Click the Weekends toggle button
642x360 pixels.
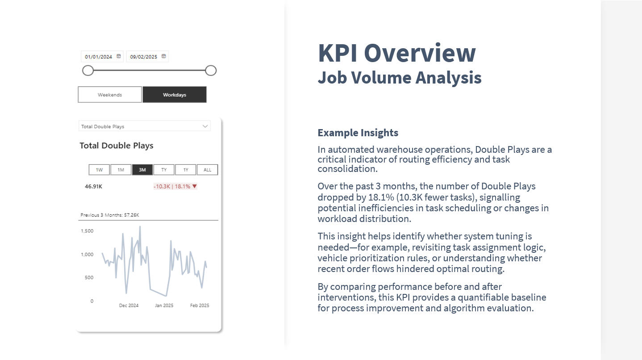(x=110, y=95)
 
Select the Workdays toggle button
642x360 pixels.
(x=175, y=95)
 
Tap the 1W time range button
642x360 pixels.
(x=99, y=170)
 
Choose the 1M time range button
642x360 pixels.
(x=121, y=170)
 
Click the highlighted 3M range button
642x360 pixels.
(x=142, y=170)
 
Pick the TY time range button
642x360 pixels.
(x=164, y=170)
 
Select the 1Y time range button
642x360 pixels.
(x=186, y=170)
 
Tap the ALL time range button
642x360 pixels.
(x=207, y=170)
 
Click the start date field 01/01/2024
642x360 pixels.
(x=98, y=57)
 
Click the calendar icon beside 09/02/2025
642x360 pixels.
(x=164, y=56)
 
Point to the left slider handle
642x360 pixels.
(x=88, y=71)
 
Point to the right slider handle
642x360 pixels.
(x=211, y=71)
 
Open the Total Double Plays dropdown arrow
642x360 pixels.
(x=205, y=126)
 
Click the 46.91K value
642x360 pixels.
(x=93, y=187)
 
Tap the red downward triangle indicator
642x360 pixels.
(x=195, y=186)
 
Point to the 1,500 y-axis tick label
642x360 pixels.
(x=87, y=231)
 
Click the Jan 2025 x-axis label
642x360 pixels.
(x=164, y=306)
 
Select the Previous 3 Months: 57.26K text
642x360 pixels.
(x=110, y=215)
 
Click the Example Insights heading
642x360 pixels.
(x=358, y=133)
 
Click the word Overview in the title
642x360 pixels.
(x=420, y=53)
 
